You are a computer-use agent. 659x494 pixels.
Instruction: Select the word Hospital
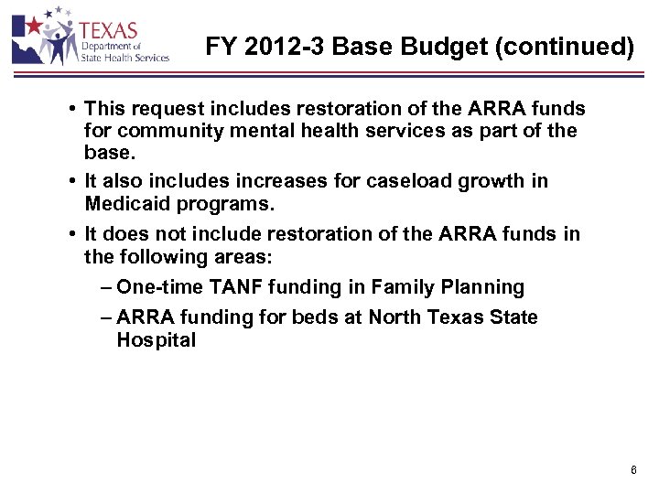coord(156,340)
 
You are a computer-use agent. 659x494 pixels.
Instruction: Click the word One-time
coord(153,287)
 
